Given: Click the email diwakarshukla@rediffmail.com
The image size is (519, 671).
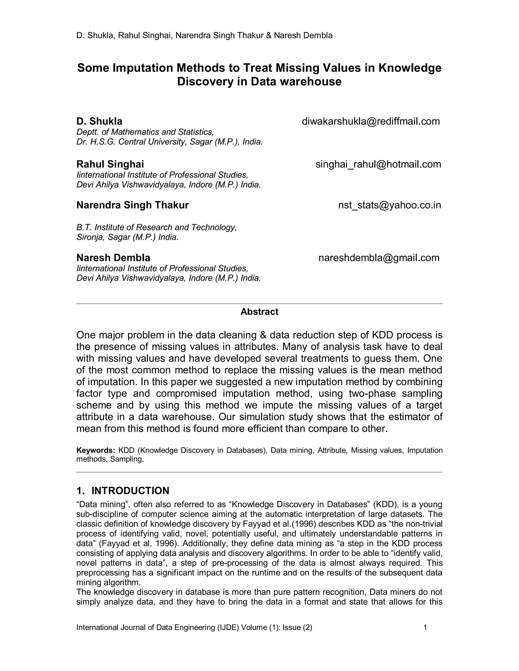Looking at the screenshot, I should (x=370, y=121).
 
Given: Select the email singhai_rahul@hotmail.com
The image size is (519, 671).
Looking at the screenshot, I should (x=378, y=164).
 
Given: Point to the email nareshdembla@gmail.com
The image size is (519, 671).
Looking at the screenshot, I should (x=379, y=258).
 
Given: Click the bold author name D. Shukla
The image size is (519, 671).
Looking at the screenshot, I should (x=99, y=121).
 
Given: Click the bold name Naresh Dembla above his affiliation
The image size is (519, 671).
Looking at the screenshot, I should (x=113, y=258).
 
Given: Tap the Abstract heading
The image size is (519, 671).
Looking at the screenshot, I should (x=259, y=311).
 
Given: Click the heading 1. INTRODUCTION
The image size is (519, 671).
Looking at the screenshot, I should (x=123, y=491).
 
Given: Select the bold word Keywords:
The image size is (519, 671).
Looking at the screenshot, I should (x=96, y=450).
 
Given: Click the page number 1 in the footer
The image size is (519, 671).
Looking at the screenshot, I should (x=425, y=627).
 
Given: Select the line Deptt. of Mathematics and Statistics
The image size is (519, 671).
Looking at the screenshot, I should (x=145, y=132).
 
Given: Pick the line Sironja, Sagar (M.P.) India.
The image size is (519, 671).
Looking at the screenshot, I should (x=127, y=237).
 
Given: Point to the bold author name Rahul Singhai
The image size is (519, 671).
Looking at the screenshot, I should (x=110, y=164).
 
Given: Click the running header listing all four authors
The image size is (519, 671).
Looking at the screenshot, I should (x=205, y=35).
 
